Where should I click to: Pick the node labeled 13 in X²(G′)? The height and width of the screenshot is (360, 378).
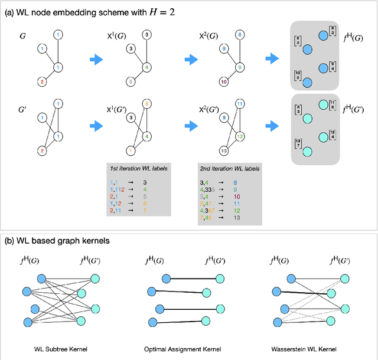point(222,150)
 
